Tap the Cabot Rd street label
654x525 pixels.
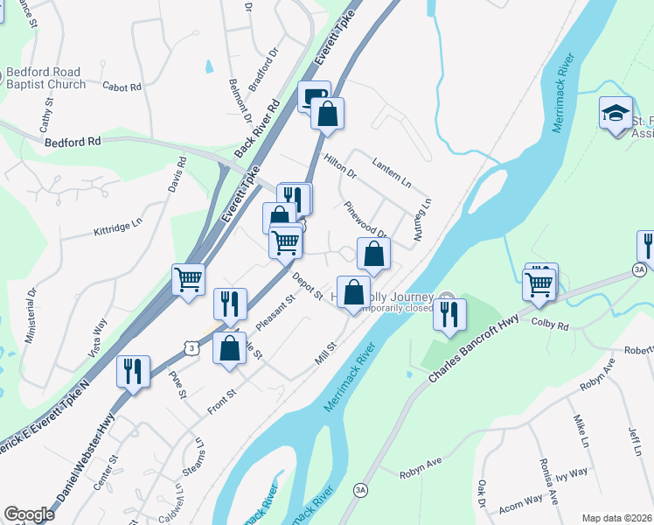[122, 87]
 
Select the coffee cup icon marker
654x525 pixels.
[314, 96]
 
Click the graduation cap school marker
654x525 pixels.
[616, 113]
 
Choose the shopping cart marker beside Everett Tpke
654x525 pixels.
[188, 280]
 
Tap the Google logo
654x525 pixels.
[29, 514]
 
